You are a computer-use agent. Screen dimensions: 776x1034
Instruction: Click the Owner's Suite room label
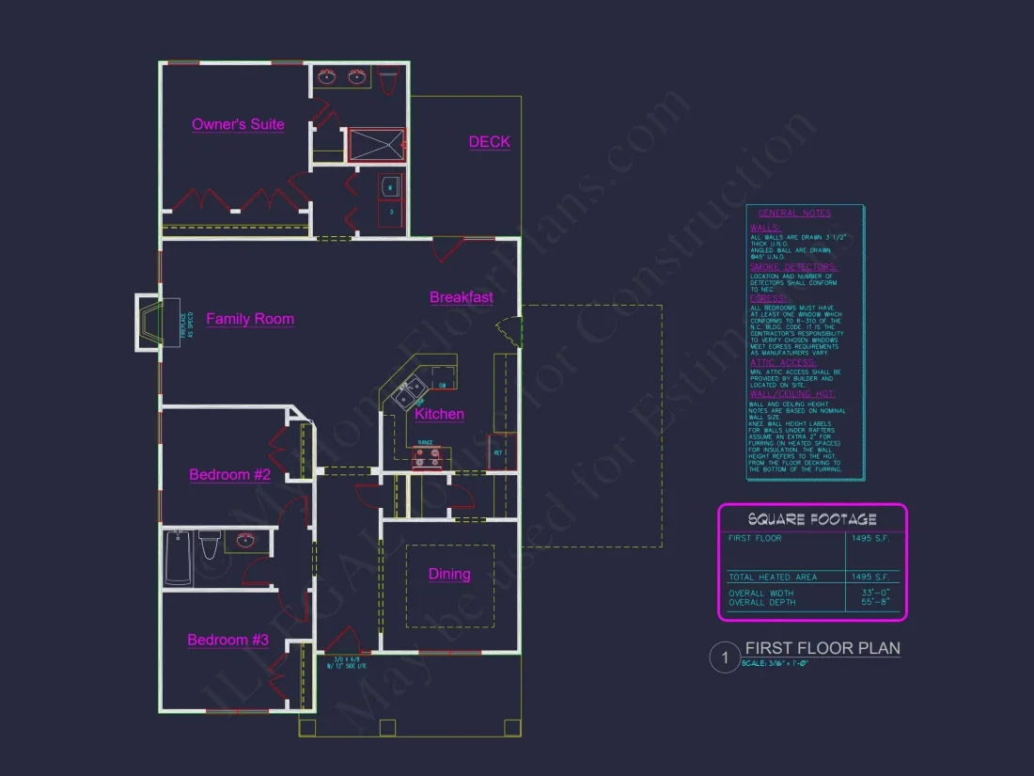point(238,124)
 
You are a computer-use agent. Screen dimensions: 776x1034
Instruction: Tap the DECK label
point(489,142)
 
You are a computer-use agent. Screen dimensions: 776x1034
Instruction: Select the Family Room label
point(250,319)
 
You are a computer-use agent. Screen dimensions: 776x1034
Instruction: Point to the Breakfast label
point(462,297)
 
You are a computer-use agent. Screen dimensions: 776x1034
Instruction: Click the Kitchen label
point(439,415)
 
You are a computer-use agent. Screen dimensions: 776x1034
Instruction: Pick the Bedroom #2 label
point(229,475)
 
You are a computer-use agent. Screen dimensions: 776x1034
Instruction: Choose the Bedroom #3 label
point(228,641)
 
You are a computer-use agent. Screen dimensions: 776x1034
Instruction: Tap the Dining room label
point(449,575)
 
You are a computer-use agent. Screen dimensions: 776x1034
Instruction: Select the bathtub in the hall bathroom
point(178,558)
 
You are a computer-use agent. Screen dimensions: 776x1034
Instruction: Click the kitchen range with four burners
point(428,457)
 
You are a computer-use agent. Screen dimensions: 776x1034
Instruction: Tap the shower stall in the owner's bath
point(377,146)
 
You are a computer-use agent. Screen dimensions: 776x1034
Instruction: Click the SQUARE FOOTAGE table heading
point(812,519)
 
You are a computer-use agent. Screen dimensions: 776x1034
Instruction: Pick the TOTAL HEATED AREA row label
point(773,577)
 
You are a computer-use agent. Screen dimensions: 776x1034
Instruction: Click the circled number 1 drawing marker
point(725,657)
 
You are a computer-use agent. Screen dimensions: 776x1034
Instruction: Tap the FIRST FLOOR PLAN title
point(822,648)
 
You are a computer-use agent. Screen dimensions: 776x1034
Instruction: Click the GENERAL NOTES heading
point(794,214)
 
